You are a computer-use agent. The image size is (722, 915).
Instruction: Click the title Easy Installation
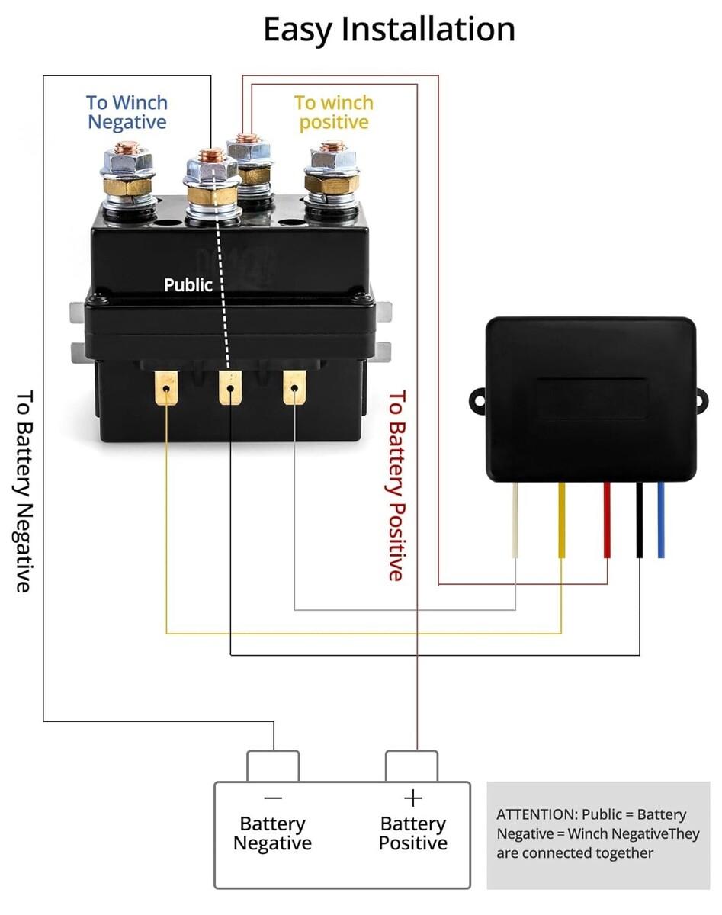click(x=389, y=30)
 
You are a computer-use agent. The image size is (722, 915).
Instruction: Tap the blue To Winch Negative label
click(x=127, y=112)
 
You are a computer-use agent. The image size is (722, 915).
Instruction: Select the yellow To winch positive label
click(x=334, y=112)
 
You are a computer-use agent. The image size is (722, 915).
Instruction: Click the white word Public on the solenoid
click(x=188, y=285)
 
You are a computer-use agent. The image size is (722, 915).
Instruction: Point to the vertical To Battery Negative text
click(x=24, y=491)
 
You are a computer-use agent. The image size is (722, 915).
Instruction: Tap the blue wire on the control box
click(x=661, y=520)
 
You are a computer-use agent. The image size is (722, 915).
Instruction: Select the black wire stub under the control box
click(x=640, y=520)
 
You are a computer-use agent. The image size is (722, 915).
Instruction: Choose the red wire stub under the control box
click(x=607, y=520)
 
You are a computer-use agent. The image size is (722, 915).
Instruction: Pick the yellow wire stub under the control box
click(x=562, y=520)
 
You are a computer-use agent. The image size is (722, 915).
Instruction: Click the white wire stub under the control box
click(x=516, y=520)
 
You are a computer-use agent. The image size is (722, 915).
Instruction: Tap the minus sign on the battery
click(x=272, y=798)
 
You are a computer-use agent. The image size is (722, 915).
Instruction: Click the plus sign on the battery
click(x=412, y=798)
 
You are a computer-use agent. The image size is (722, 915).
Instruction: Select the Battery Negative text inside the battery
click(x=272, y=833)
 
